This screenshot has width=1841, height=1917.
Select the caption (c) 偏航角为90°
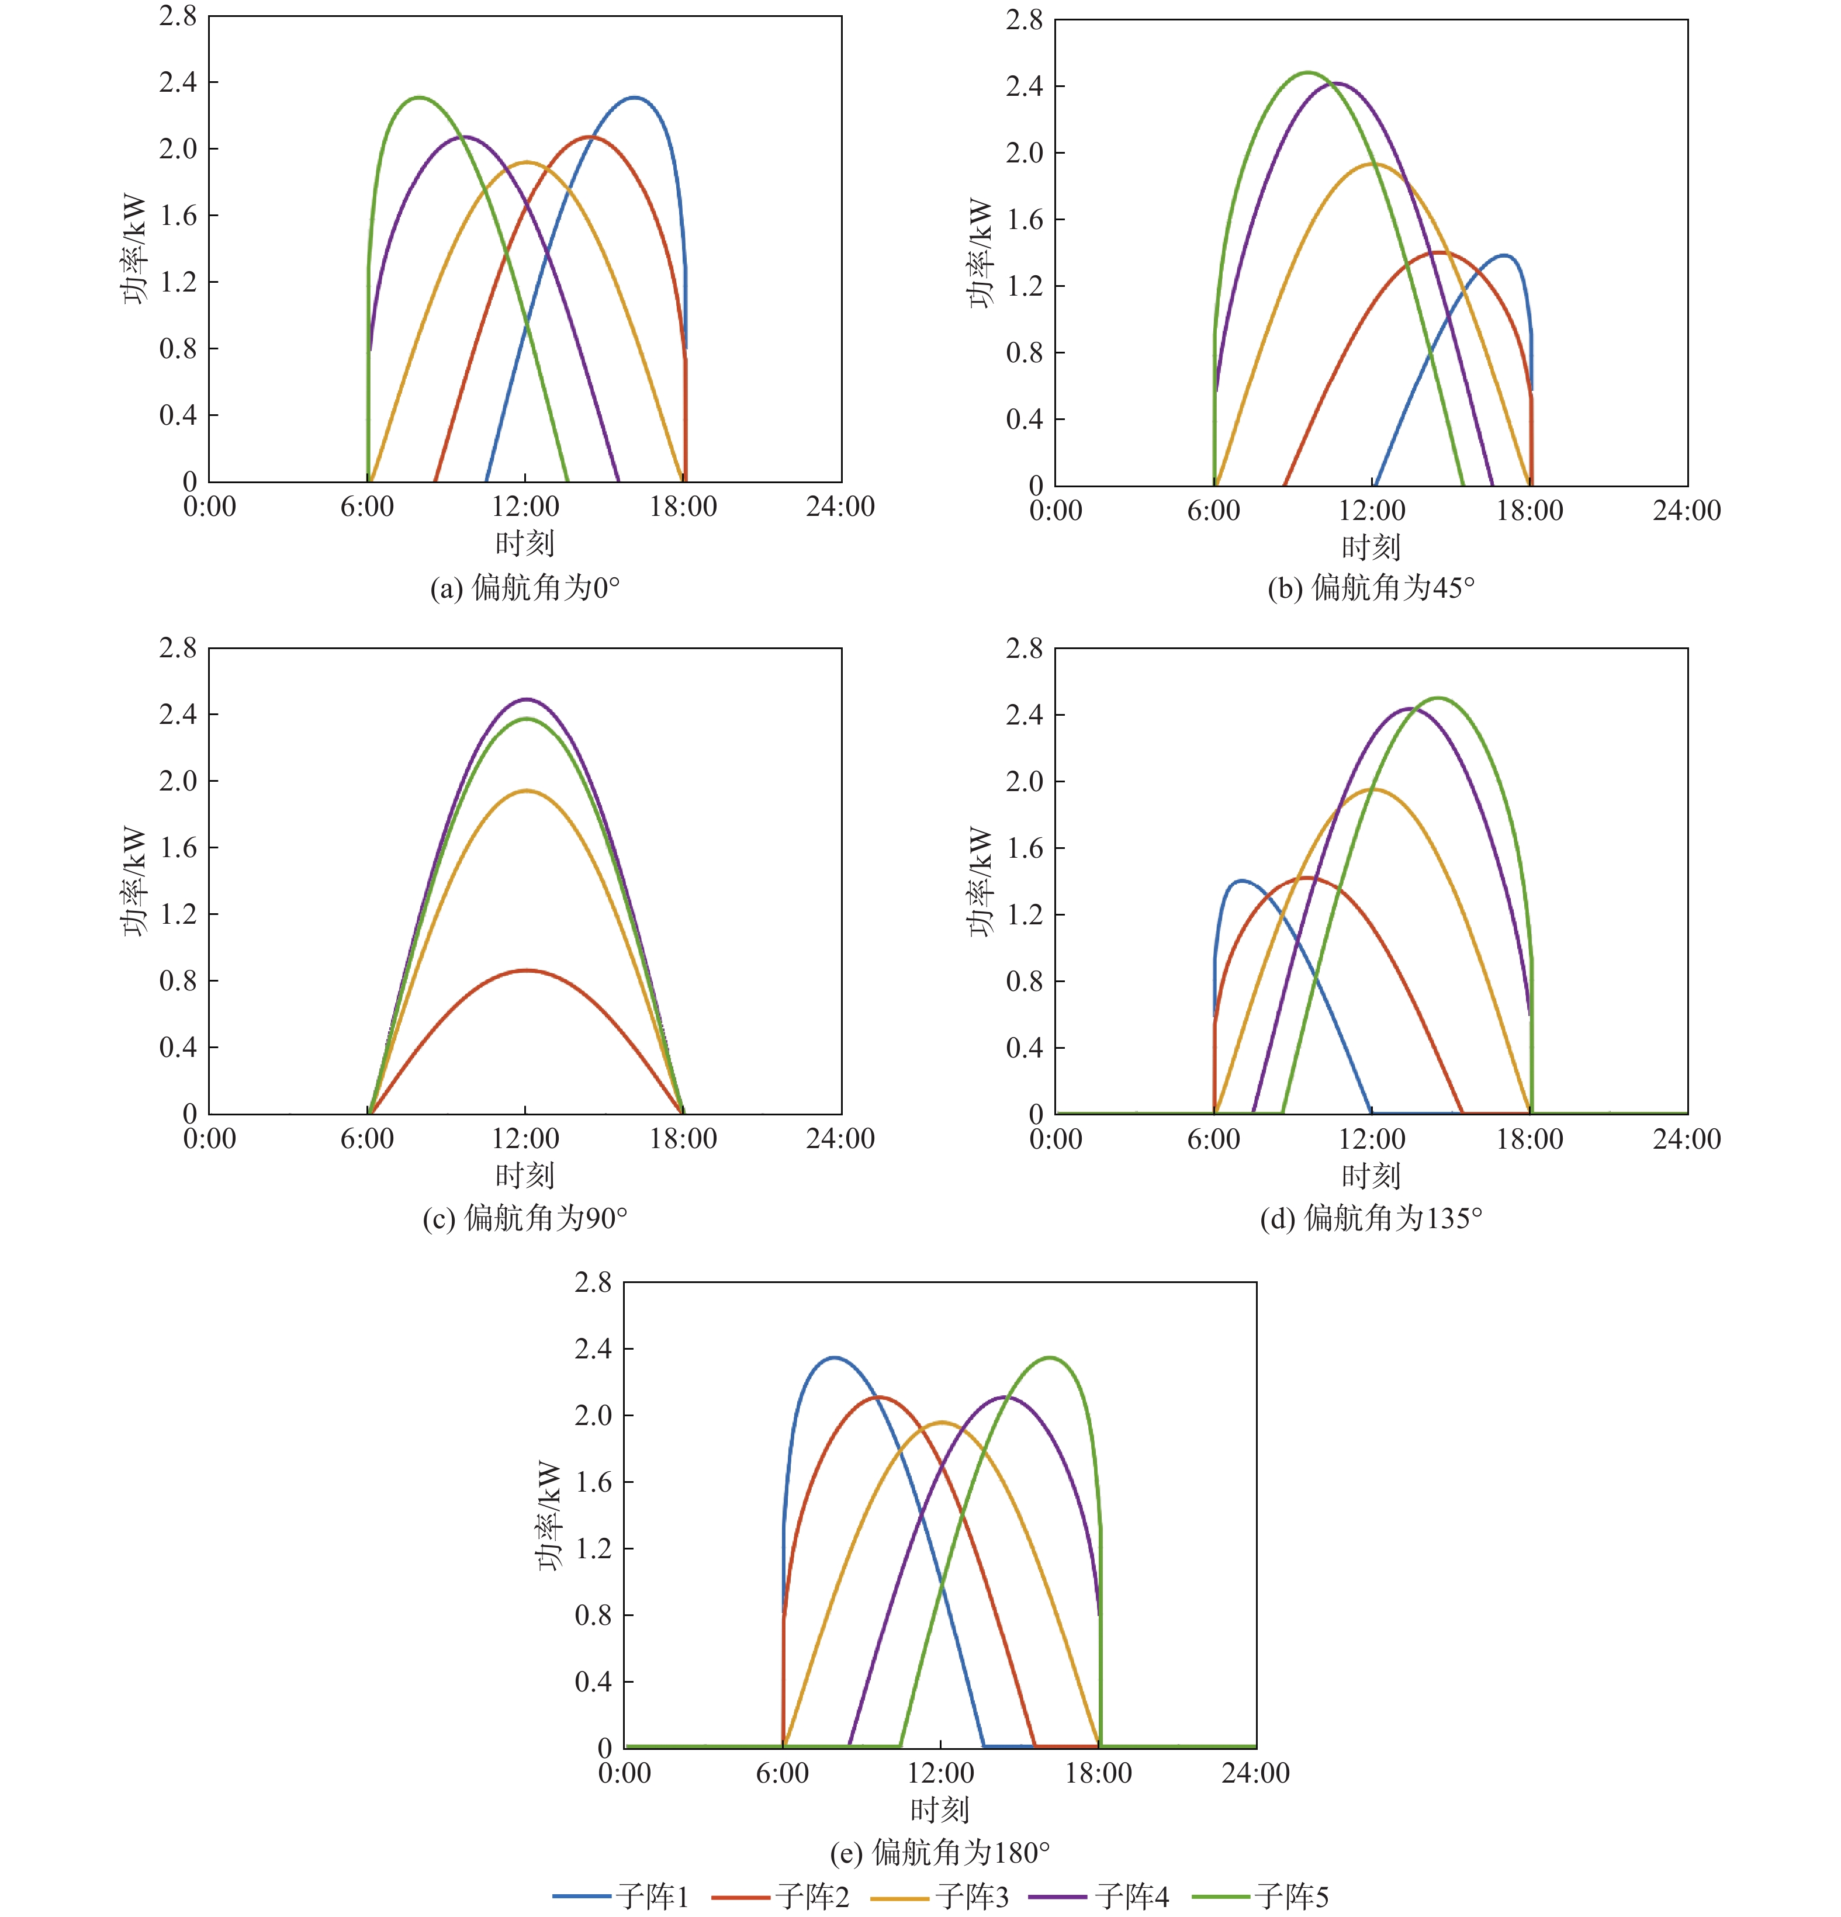(525, 1218)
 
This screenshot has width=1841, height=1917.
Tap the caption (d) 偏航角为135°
(1371, 1218)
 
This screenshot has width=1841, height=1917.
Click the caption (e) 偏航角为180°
(940, 1852)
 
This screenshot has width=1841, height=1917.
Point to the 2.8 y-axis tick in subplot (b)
(1024, 19)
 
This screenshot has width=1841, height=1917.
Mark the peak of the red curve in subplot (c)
(526, 970)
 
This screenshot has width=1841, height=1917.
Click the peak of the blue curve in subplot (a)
(635, 97)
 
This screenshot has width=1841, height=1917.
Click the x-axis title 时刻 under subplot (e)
(940, 1809)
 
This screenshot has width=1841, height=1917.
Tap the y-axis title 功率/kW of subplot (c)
(134, 881)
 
